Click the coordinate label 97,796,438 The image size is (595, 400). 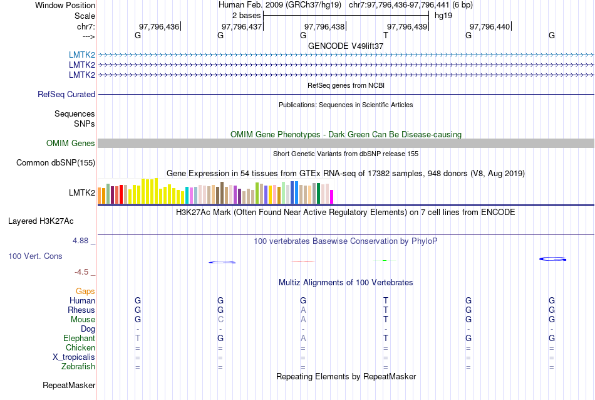324,26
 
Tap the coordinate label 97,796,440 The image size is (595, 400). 490,26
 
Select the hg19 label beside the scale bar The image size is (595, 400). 443,15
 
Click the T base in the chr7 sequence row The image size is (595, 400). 386,36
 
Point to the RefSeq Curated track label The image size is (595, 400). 66,94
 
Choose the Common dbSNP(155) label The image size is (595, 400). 56,163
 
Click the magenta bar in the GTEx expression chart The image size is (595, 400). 332,197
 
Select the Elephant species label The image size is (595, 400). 79,339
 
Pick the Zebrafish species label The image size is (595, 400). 78,367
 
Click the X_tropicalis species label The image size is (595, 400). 74,357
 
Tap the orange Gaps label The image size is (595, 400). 85,292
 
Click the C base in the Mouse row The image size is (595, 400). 220,320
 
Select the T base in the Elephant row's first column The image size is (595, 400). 138,339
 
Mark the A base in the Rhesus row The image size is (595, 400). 303,310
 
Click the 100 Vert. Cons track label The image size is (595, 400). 36,256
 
